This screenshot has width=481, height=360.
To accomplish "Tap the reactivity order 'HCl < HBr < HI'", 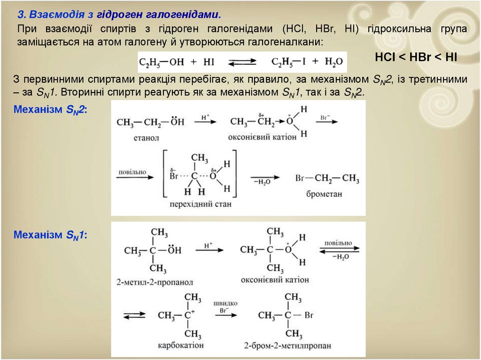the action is [416, 57].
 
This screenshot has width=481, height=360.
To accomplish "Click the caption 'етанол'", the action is [147, 138].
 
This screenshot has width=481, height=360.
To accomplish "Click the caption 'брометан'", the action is [324, 193].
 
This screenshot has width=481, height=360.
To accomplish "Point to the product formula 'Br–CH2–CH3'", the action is [327, 179].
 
